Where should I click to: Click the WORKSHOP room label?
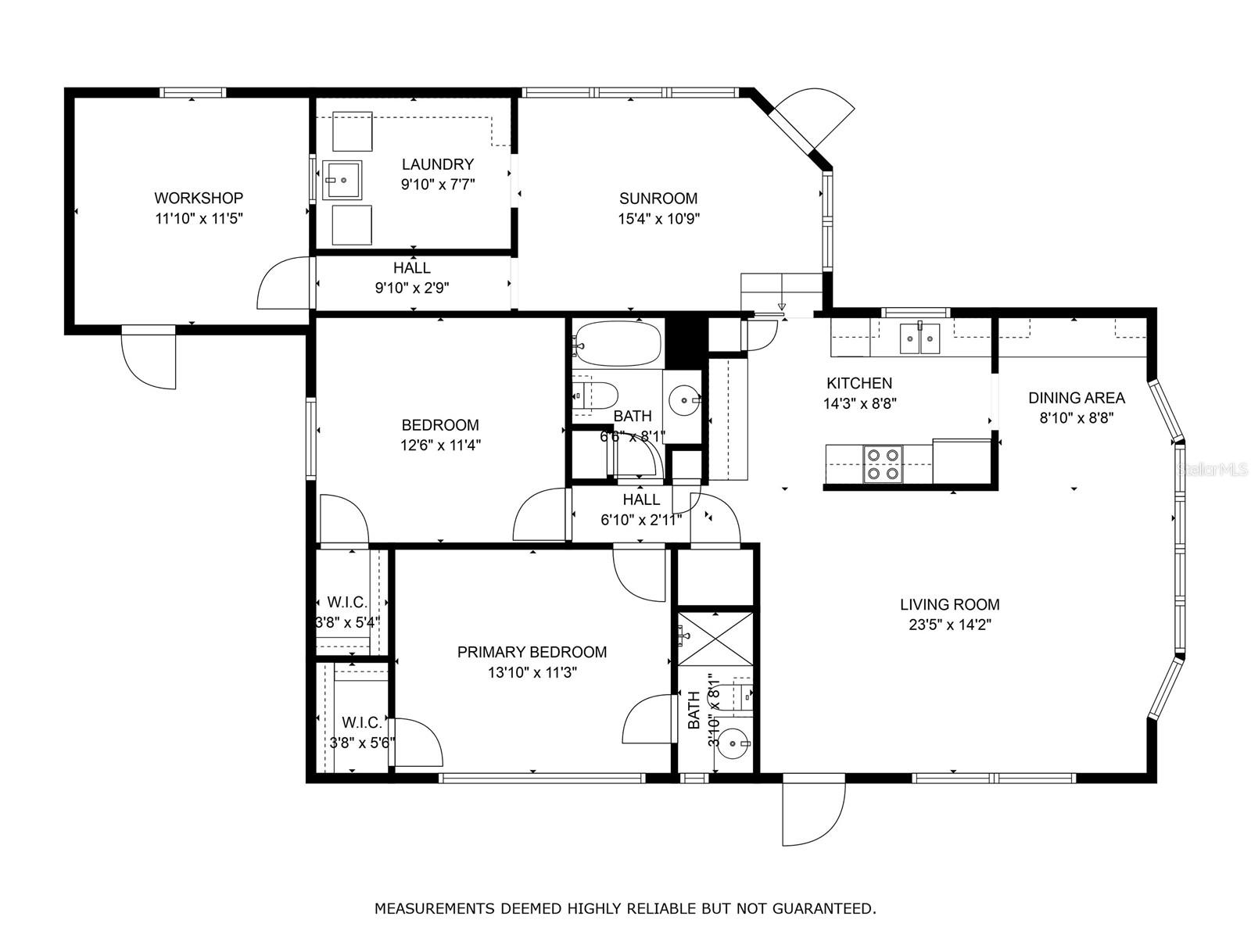pos(199,199)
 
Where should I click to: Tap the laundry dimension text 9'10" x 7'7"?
pos(438,184)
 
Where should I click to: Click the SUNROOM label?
pos(658,199)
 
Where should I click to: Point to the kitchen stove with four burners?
pos(883,463)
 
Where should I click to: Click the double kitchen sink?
pos(919,338)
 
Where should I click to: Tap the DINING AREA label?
pos(1076,398)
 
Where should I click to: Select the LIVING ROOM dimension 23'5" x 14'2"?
pos(949,625)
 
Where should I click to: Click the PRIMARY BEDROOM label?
pos(532,652)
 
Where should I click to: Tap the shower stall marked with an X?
pos(715,637)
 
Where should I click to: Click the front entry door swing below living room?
pos(813,813)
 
